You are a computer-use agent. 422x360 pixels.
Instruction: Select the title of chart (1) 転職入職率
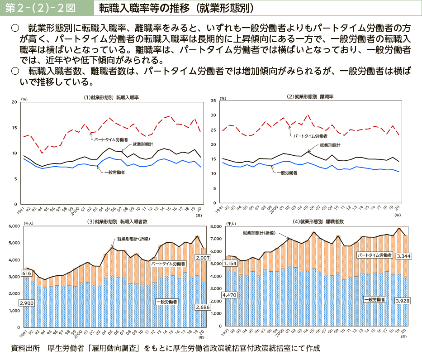111,97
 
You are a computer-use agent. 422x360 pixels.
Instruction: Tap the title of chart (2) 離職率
311,96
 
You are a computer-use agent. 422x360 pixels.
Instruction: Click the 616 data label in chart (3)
26,274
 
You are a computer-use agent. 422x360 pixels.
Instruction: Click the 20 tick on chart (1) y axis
14,102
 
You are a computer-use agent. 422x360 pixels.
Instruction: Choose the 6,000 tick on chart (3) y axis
12,226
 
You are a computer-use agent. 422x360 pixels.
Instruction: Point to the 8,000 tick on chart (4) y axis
214,226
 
